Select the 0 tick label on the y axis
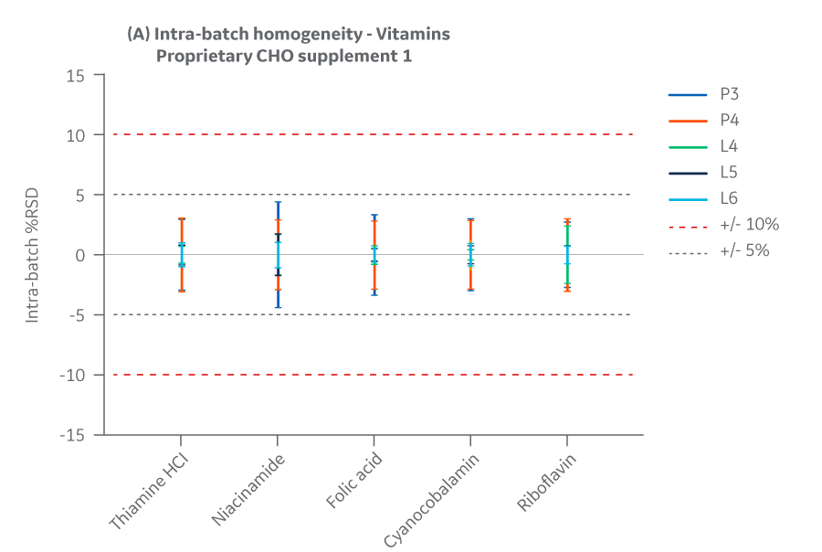point(81,255)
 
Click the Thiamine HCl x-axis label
point(151,490)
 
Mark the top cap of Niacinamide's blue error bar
point(279,203)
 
